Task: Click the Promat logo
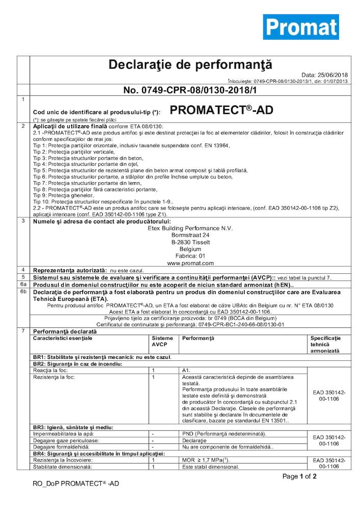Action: click(300, 26)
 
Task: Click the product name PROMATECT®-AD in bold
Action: click(220, 110)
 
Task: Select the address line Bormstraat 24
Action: click(190, 236)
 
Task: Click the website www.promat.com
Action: click(190, 263)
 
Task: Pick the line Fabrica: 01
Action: click(190, 256)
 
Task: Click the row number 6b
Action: click(23, 292)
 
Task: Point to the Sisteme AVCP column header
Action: click(162, 341)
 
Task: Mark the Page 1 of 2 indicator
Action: click(299, 476)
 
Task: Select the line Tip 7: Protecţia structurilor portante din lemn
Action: click(84, 183)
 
